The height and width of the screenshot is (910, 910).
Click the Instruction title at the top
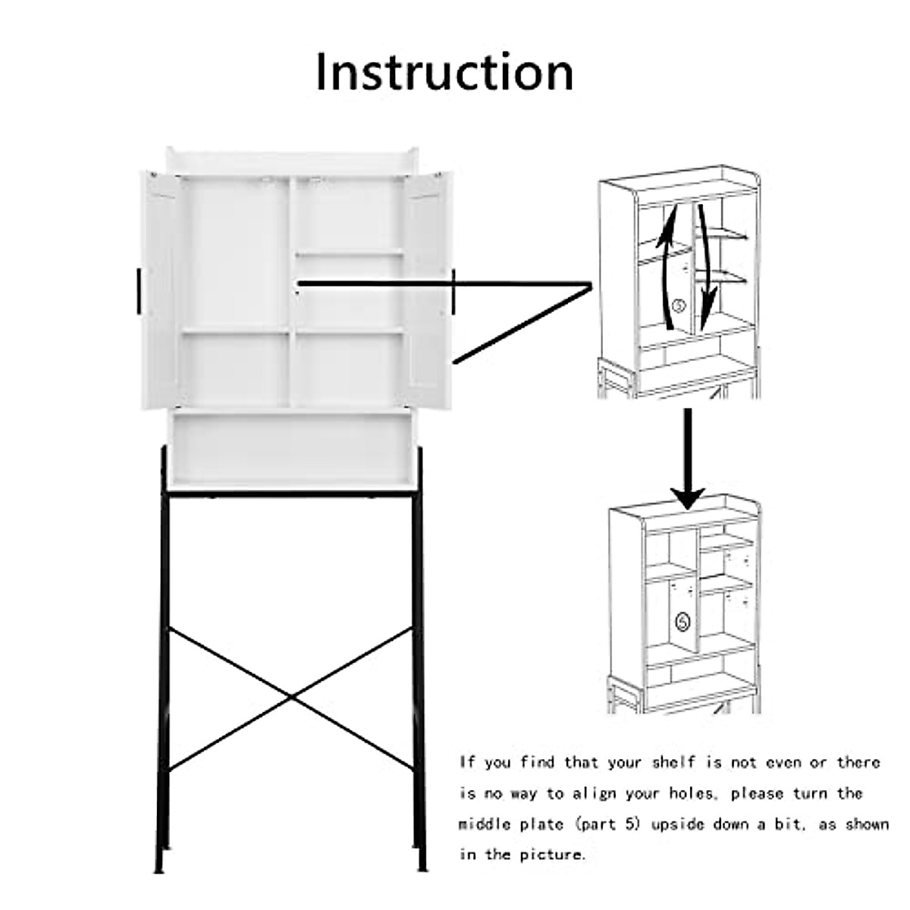444,73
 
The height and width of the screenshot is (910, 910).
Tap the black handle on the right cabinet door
453,290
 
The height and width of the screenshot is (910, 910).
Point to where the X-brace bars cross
291,697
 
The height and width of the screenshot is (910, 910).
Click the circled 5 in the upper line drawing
679,305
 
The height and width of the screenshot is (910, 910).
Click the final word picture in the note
552,855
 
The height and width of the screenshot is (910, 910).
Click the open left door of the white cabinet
161,291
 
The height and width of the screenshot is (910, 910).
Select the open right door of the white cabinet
428,291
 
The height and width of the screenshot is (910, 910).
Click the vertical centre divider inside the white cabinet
292,292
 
